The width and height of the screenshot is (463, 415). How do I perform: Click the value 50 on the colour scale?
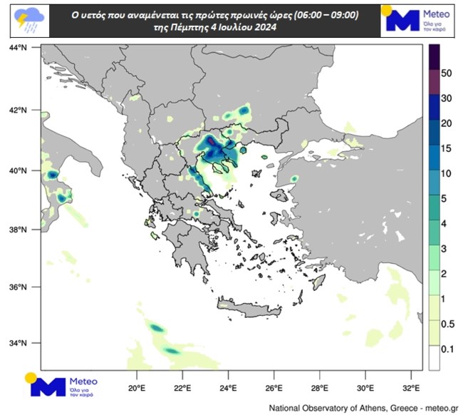point(448,73)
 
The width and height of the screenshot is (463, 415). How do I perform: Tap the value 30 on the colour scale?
point(448,98)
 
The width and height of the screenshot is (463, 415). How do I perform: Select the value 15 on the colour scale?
point(448,148)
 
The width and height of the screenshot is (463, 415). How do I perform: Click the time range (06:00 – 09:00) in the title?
point(309,14)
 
